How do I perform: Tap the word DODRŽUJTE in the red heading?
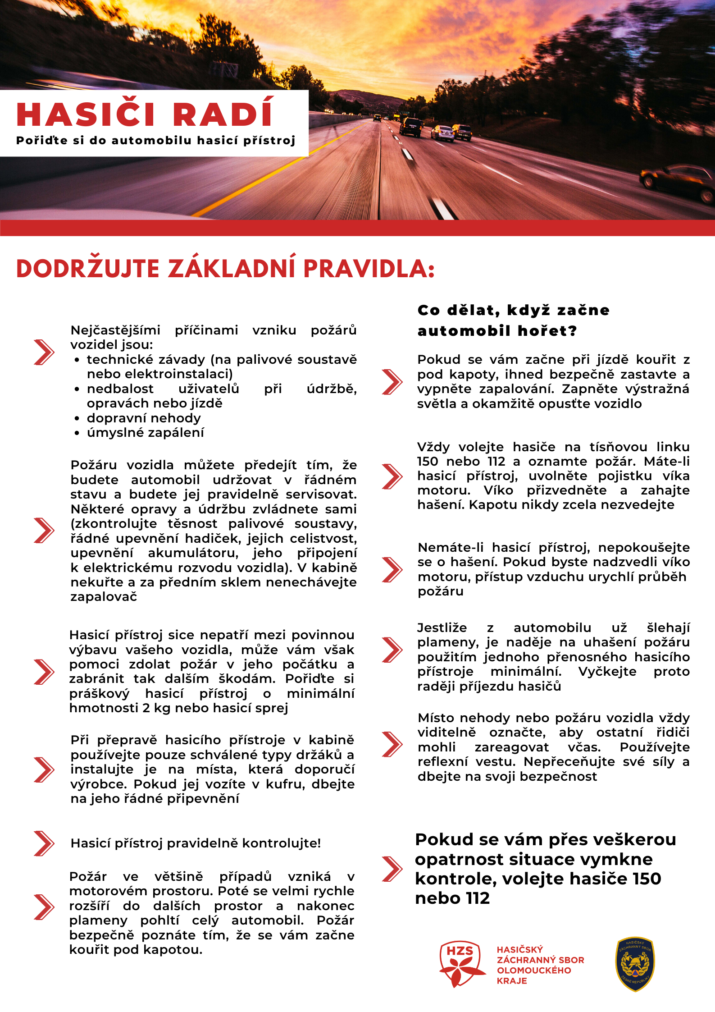click(88, 269)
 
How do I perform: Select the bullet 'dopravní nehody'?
click(144, 418)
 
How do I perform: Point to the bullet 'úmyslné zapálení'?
click(145, 433)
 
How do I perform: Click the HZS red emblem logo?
click(460, 964)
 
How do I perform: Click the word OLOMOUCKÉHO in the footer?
click(534, 970)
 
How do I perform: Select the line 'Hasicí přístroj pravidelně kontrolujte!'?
click(196, 843)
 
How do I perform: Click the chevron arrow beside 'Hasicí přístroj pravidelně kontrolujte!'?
click(44, 843)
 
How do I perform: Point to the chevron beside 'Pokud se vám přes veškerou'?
click(392, 869)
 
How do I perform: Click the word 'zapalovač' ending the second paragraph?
click(104, 597)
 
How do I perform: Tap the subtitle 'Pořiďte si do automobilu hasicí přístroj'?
click(155, 141)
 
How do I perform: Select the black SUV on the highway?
click(410, 127)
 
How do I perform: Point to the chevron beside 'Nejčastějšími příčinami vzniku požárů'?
click(44, 352)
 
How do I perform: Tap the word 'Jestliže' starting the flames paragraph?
click(442, 628)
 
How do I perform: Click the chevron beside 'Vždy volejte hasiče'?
click(392, 476)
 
